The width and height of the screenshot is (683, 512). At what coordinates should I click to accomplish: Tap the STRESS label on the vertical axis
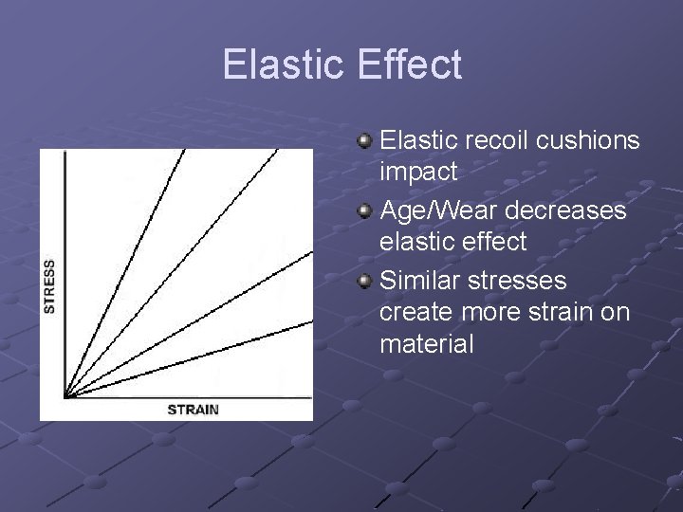49,285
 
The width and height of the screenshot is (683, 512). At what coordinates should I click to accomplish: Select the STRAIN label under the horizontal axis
193,410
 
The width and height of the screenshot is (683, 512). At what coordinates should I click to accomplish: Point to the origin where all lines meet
65,394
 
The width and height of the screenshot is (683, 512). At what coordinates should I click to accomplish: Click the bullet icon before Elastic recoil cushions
364,142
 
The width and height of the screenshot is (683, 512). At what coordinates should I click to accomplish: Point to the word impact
418,174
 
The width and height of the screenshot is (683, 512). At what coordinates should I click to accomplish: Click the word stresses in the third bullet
521,280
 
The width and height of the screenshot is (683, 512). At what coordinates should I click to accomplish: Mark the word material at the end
426,344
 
